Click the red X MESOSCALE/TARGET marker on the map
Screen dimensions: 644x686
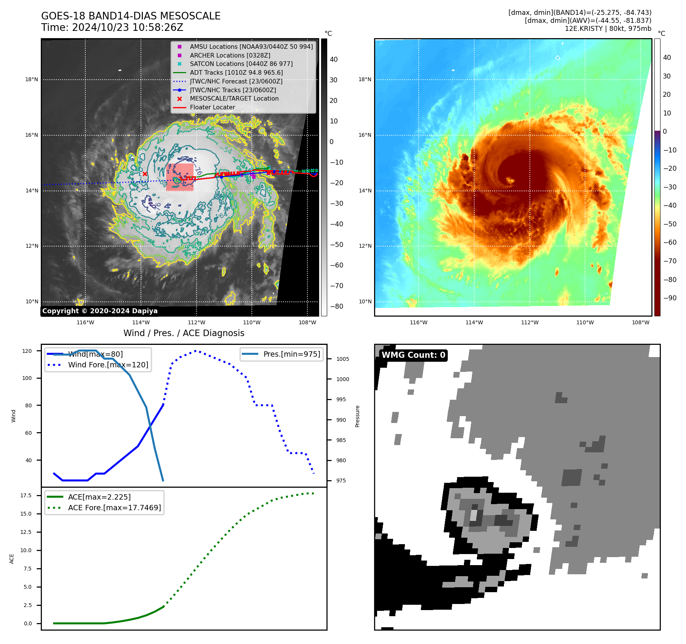click(145, 174)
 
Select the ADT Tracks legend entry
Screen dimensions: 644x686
click(236, 72)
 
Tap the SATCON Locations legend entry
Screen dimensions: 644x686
click(241, 64)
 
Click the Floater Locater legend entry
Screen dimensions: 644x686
click(212, 107)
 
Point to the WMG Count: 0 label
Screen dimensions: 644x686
click(413, 355)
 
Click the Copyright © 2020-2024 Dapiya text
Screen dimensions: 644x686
click(100, 311)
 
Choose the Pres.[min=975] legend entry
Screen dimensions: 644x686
click(291, 354)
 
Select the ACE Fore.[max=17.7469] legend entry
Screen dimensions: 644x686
click(114, 508)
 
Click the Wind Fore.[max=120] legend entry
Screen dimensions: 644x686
click(108, 365)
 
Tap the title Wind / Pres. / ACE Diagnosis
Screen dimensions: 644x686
click(184, 333)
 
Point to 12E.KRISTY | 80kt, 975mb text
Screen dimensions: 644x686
click(608, 29)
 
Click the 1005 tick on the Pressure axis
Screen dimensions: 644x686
click(342, 359)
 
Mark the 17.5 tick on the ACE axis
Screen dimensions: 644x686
click(26, 495)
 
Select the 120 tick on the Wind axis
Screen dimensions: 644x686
click(27, 351)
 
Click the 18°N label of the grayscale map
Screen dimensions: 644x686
click(32, 80)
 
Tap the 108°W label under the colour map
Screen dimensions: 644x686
click(640, 322)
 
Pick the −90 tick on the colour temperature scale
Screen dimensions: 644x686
click(670, 298)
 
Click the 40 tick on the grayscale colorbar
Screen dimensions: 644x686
click(334, 59)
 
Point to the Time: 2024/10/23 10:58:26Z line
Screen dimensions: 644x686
click(112, 27)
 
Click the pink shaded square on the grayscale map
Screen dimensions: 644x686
click(180, 177)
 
